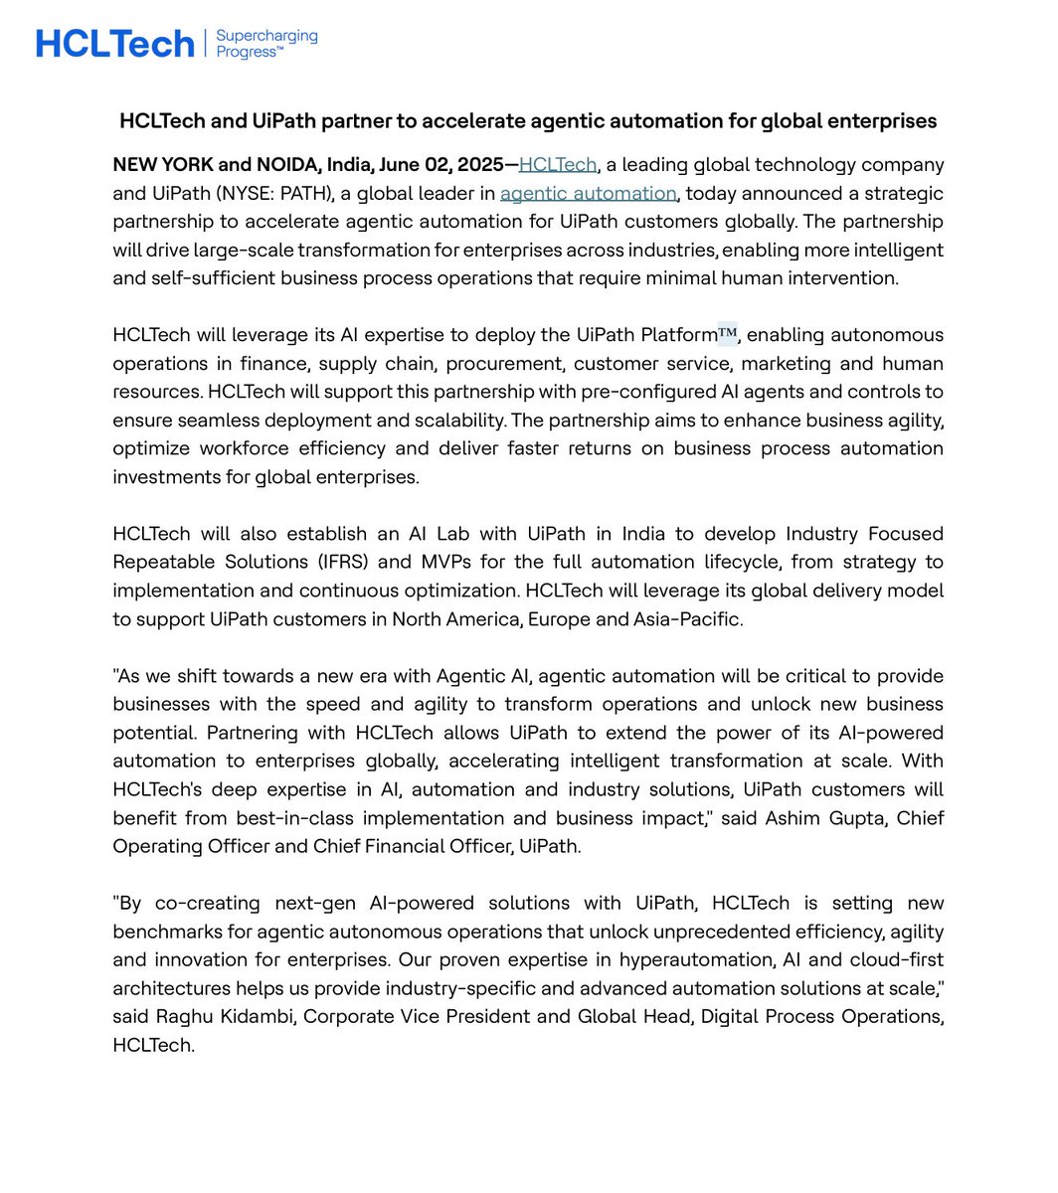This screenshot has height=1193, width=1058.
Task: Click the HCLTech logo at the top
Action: (x=114, y=44)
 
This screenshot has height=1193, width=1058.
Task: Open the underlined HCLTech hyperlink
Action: (x=557, y=165)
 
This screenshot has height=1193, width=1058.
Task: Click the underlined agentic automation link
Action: (x=588, y=193)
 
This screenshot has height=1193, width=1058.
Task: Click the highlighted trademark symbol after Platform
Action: (x=727, y=335)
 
